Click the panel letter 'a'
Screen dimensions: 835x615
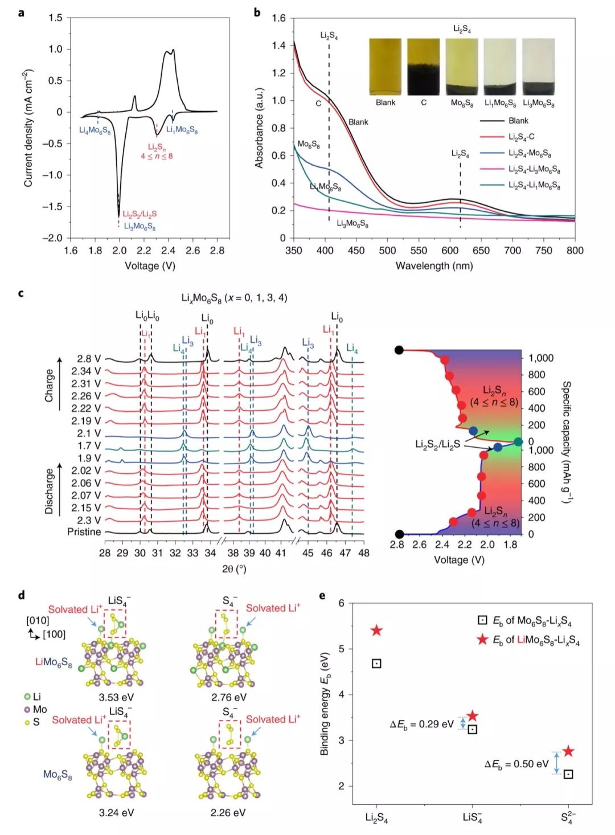21,11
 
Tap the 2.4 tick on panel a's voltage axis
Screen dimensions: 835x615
169,250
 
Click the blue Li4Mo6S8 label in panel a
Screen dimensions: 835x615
95,130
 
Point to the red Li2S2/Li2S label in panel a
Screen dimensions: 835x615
140,214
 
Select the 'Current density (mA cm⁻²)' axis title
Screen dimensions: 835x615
28,128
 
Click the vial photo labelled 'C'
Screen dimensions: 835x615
423,67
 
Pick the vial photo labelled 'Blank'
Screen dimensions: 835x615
385,67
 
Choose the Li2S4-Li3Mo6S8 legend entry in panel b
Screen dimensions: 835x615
534,169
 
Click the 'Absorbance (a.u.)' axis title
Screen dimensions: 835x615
260,128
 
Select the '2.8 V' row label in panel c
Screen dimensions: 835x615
89,359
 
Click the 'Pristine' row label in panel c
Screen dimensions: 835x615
84,531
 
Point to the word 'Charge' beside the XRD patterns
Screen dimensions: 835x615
50,386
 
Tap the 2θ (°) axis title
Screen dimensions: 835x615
234,568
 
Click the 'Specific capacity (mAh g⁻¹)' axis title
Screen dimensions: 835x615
566,442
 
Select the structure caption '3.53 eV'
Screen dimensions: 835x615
116,697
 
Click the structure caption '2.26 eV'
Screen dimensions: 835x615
228,812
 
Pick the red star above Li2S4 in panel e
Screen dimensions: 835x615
376,631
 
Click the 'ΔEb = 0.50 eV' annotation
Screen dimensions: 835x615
516,764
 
